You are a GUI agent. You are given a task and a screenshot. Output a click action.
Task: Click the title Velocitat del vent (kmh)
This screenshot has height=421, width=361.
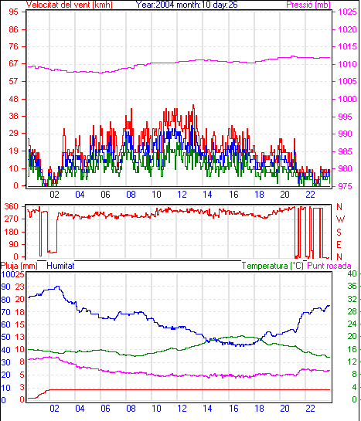tap(69, 5)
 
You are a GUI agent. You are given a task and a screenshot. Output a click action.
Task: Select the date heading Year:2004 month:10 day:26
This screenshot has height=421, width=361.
tap(186, 5)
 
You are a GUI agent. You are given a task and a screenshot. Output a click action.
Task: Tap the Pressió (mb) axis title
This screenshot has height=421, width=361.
tap(308, 5)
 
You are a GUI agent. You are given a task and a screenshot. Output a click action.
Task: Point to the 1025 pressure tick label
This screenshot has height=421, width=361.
tap(347, 12)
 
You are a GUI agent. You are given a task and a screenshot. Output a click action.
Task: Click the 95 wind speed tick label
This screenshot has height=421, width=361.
tap(13, 12)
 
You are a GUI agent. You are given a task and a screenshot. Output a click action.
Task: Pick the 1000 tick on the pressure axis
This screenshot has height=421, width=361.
tap(347, 99)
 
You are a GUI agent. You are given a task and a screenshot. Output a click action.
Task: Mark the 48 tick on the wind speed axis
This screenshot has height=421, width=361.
tap(13, 99)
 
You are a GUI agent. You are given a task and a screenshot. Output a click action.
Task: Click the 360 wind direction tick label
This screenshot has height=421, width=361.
tap(11, 206)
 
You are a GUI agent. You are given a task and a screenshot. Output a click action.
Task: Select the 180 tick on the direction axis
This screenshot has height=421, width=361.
tap(11, 232)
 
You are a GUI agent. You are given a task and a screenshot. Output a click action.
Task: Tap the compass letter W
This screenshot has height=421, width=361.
tap(340, 219)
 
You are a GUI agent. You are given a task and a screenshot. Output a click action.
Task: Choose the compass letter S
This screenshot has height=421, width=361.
tap(339, 232)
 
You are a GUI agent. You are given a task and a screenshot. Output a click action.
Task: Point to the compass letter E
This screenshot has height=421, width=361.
tap(339, 245)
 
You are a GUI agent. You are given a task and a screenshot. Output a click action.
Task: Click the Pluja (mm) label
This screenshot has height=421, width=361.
tap(19, 266)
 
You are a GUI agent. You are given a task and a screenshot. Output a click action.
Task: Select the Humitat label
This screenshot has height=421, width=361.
tap(60, 266)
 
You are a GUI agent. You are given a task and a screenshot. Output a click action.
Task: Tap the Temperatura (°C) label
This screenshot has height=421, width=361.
tap(272, 266)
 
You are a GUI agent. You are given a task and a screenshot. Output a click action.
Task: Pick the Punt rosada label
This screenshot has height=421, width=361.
tap(329, 266)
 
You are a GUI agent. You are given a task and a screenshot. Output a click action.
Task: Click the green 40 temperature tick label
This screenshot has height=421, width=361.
tap(352, 273)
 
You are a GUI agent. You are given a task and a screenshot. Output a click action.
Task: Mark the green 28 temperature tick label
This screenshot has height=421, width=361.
tap(352, 311)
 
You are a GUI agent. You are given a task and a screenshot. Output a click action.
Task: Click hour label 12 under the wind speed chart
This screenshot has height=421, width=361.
tap(182, 195)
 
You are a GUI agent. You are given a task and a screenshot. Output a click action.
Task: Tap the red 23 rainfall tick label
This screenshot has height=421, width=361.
tap(19, 287)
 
